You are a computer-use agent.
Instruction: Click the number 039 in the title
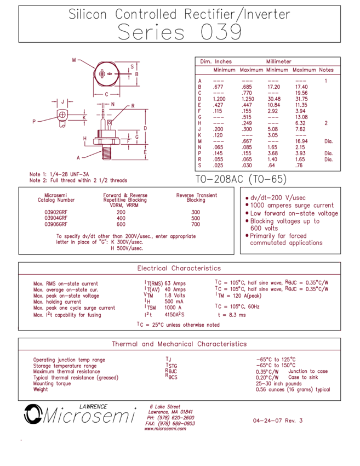pyautogui.click(x=221, y=32)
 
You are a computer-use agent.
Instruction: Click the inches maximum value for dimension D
pyautogui.click(x=248, y=99)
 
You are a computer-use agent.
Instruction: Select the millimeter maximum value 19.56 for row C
pyautogui.click(x=301, y=93)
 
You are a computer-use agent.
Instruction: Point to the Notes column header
pyautogui.click(x=326, y=70)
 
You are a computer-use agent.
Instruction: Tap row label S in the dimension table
pyautogui.click(x=199, y=166)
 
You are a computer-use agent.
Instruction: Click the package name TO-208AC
pyautogui.click(x=219, y=179)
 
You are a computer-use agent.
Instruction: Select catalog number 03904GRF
pyautogui.click(x=56, y=218)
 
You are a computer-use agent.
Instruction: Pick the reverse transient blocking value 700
pyautogui.click(x=196, y=224)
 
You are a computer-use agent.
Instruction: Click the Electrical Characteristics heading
pyautogui.click(x=179, y=269)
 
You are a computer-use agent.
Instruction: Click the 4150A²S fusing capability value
pyautogui.click(x=174, y=315)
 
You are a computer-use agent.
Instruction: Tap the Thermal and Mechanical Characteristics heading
pyautogui.click(x=179, y=344)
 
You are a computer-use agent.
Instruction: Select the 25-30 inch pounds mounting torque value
pyautogui.click(x=278, y=384)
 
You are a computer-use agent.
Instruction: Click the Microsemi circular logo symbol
pyautogui.click(x=33, y=413)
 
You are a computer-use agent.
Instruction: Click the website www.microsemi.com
pyautogui.click(x=165, y=429)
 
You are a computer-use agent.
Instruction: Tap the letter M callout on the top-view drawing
pyautogui.click(x=74, y=60)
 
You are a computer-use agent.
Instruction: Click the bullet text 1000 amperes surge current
pyautogui.click(x=292, y=206)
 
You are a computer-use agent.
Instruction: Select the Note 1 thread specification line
pyautogui.click(x=59, y=174)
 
